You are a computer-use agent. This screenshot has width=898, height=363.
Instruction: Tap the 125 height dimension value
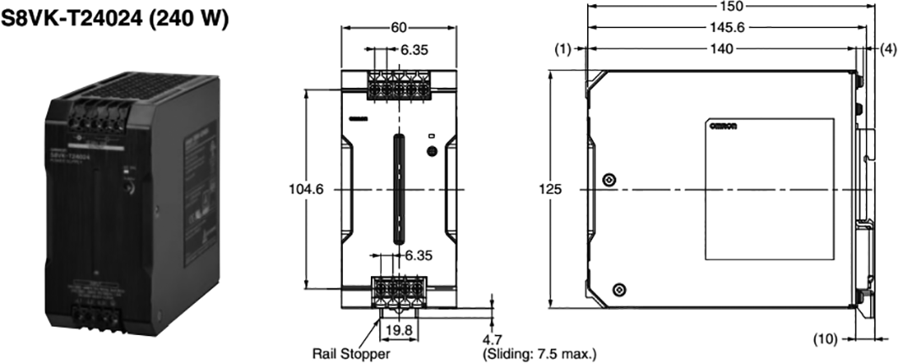click(x=550, y=190)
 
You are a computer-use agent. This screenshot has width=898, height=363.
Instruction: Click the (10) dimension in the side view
click(x=825, y=339)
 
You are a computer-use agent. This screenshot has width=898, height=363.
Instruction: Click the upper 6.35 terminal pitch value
click(x=414, y=51)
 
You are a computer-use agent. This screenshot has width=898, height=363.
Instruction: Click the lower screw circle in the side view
click(x=619, y=290)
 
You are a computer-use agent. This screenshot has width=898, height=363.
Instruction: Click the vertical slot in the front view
click(x=396, y=190)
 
